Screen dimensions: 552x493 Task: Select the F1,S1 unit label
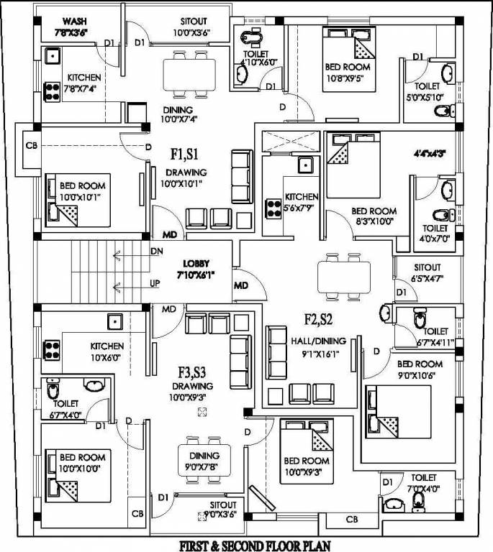[x=184, y=154]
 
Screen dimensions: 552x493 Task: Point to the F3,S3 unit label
[x=193, y=372]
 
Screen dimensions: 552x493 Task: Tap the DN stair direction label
[x=156, y=251]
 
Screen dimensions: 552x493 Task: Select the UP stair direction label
[x=155, y=284]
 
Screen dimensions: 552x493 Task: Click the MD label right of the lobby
[x=241, y=286]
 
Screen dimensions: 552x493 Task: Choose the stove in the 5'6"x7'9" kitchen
[x=273, y=208]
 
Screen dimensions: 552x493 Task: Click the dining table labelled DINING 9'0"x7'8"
[x=204, y=458]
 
